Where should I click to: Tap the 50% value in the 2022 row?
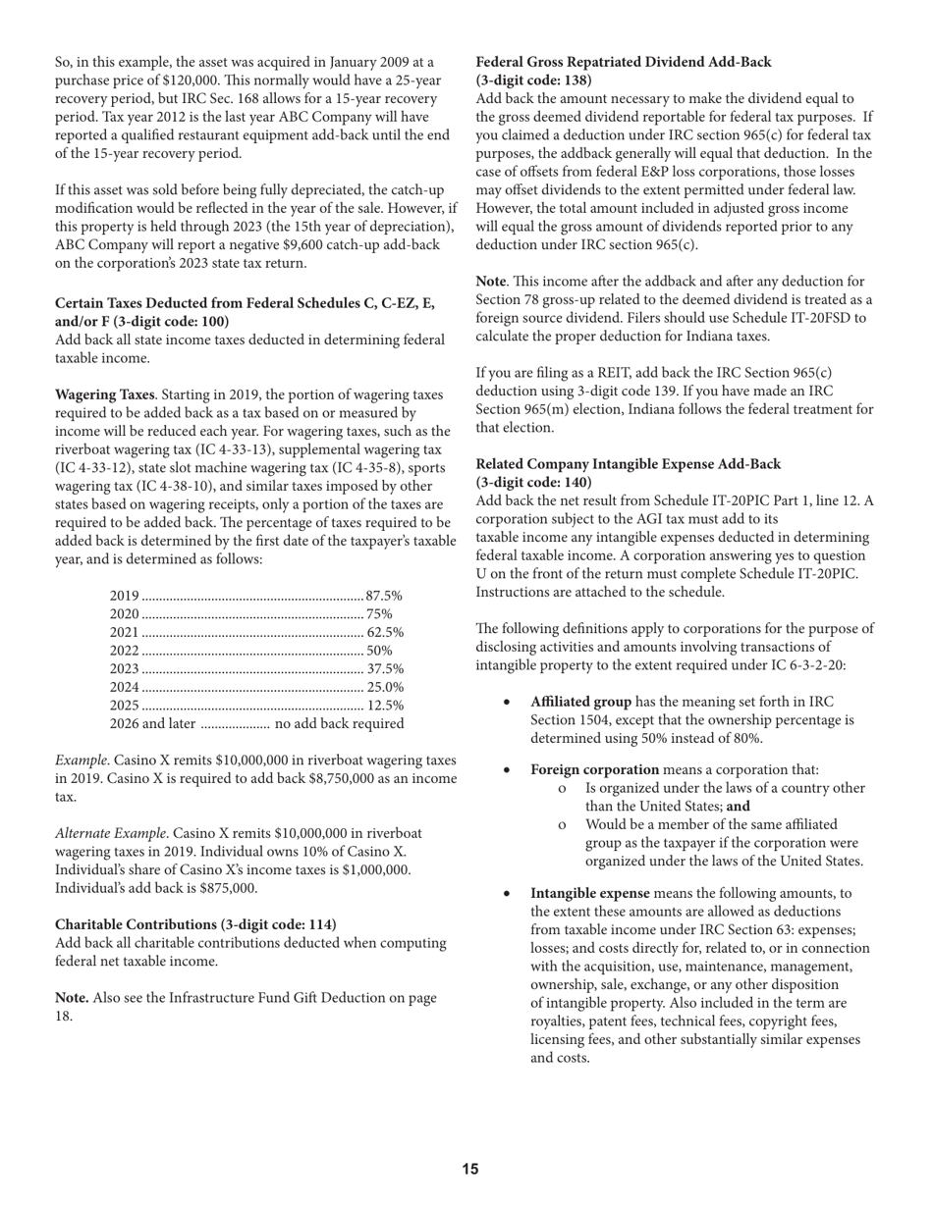[379, 651]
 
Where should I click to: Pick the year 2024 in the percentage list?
[124, 687]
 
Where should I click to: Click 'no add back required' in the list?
[339, 724]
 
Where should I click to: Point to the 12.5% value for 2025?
[385, 706]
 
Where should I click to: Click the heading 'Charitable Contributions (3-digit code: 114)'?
[195, 924]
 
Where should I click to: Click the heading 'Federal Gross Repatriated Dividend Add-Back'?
[624, 62]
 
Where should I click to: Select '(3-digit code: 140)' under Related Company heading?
[533, 483]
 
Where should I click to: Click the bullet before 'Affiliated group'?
[506, 703]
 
